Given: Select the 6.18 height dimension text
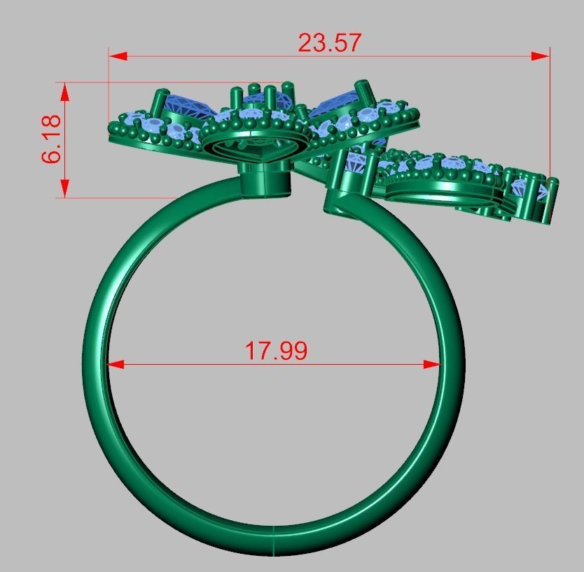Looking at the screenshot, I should click(x=52, y=139).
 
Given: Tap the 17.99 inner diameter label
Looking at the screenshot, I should click(x=275, y=350).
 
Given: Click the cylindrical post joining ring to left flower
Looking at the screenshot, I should click(x=266, y=180).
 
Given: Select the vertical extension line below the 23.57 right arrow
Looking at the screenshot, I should click(x=550, y=119).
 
